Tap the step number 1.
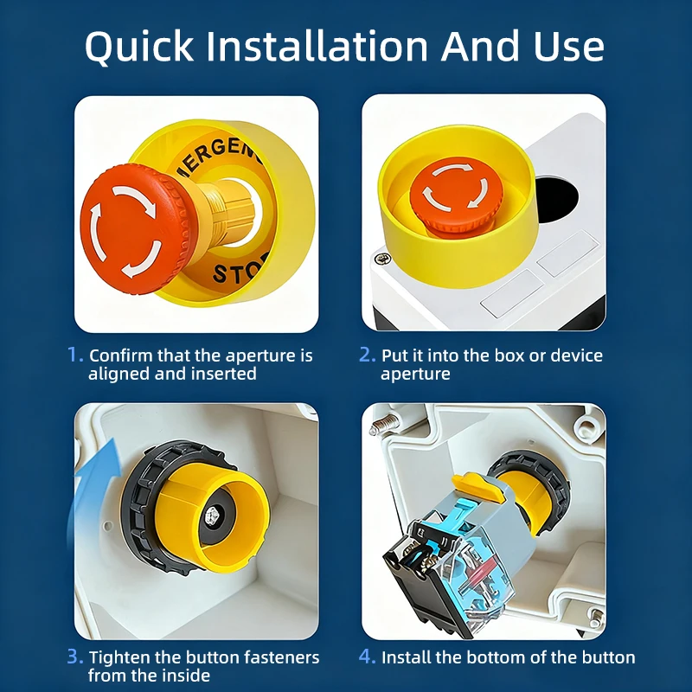coord(75,355)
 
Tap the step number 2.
coord(367,355)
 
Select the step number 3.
coord(75,657)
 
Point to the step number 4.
coord(367,657)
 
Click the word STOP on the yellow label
coord(239,273)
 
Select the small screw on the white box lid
coord(381,258)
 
